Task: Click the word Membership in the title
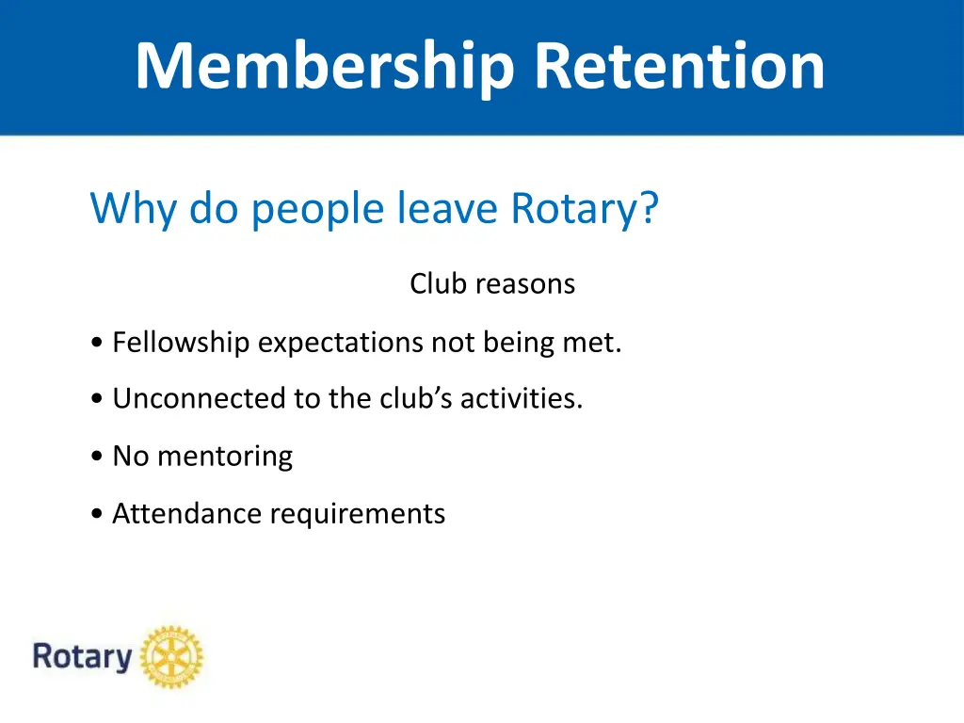click(326, 66)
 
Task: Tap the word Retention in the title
click(679, 66)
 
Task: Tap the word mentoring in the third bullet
click(225, 457)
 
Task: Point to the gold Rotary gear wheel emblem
click(171, 656)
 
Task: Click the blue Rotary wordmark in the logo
click(83, 656)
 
